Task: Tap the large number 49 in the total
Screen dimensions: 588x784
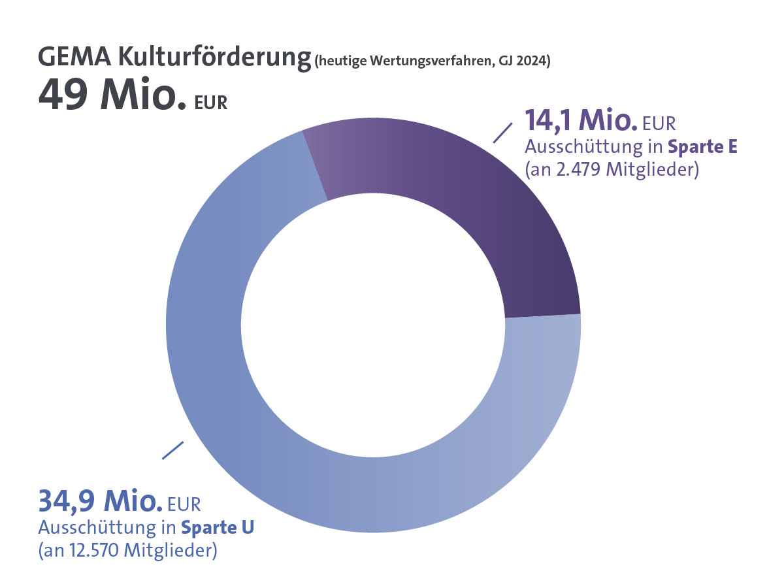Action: pyautogui.click(x=62, y=96)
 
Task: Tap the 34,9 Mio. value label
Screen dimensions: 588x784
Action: pyautogui.click(x=100, y=501)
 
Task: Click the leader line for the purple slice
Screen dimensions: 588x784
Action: pyautogui.click(x=502, y=132)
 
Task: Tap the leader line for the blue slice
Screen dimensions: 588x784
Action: pyautogui.click(x=173, y=450)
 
